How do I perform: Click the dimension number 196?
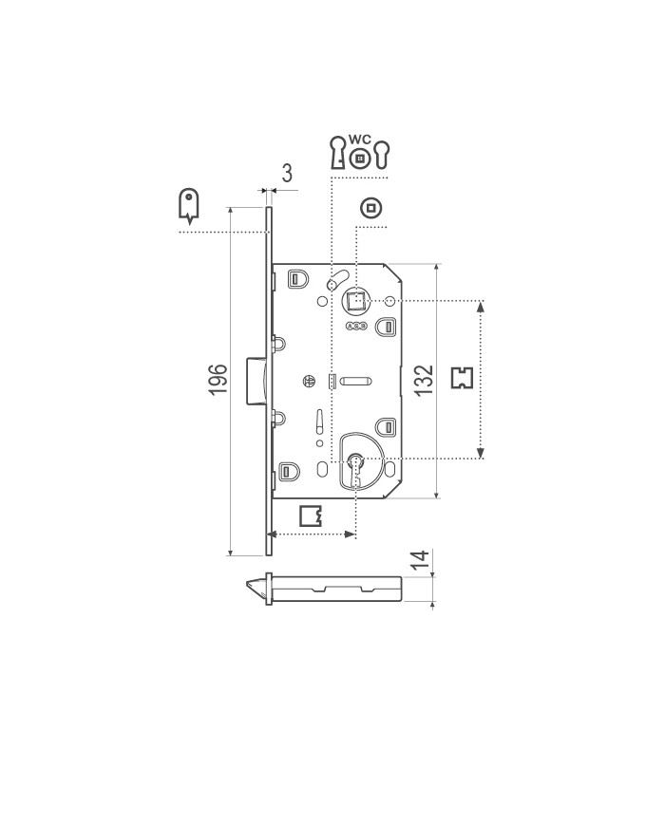click(x=217, y=380)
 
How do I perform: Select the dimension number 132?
click(x=425, y=379)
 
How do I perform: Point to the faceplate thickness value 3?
click(x=286, y=173)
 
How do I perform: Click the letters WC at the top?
click(x=359, y=140)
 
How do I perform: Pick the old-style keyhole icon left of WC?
click(x=336, y=153)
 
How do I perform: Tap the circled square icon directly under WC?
click(x=359, y=159)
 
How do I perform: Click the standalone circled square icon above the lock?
click(x=371, y=207)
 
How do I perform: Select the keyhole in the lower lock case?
click(x=355, y=463)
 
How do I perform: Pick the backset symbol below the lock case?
click(x=311, y=516)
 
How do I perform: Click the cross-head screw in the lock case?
click(x=308, y=382)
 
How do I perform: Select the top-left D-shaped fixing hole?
click(x=295, y=279)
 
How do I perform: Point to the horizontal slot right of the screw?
click(x=353, y=382)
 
